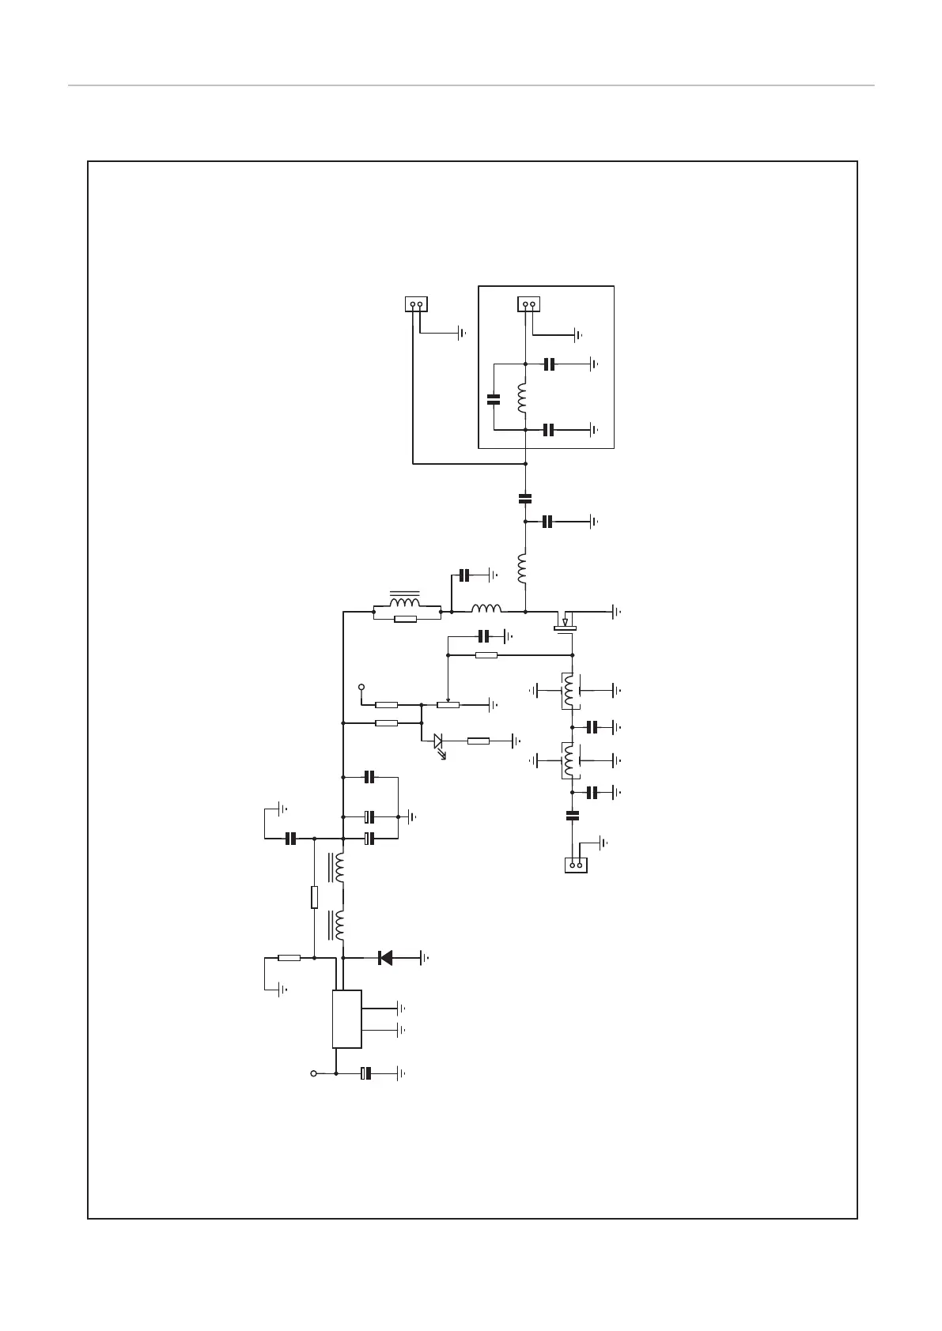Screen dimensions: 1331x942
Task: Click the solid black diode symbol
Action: (x=386, y=958)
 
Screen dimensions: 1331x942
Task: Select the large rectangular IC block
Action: (x=346, y=1019)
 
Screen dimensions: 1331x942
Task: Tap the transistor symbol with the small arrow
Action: (x=565, y=621)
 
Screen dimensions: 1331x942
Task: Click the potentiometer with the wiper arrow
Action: (x=448, y=703)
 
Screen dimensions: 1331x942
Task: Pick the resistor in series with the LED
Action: (x=479, y=741)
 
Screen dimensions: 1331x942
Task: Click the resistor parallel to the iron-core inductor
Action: (x=405, y=619)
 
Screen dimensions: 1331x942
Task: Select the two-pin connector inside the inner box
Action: (x=528, y=304)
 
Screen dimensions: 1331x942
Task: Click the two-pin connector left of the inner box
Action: (x=416, y=304)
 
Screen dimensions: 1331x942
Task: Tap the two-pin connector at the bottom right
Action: (x=577, y=865)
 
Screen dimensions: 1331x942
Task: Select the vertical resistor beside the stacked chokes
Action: (x=315, y=897)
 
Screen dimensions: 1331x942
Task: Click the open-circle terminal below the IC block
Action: (x=313, y=1073)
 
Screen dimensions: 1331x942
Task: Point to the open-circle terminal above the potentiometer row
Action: (x=362, y=686)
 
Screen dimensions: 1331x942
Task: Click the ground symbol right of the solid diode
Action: (x=425, y=958)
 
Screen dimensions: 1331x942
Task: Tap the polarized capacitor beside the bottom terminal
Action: (x=366, y=1073)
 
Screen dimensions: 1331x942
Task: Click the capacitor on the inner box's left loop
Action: (x=494, y=399)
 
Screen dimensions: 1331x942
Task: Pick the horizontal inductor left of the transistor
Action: (x=486, y=609)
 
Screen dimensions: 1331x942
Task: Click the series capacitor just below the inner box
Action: (x=524, y=498)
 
